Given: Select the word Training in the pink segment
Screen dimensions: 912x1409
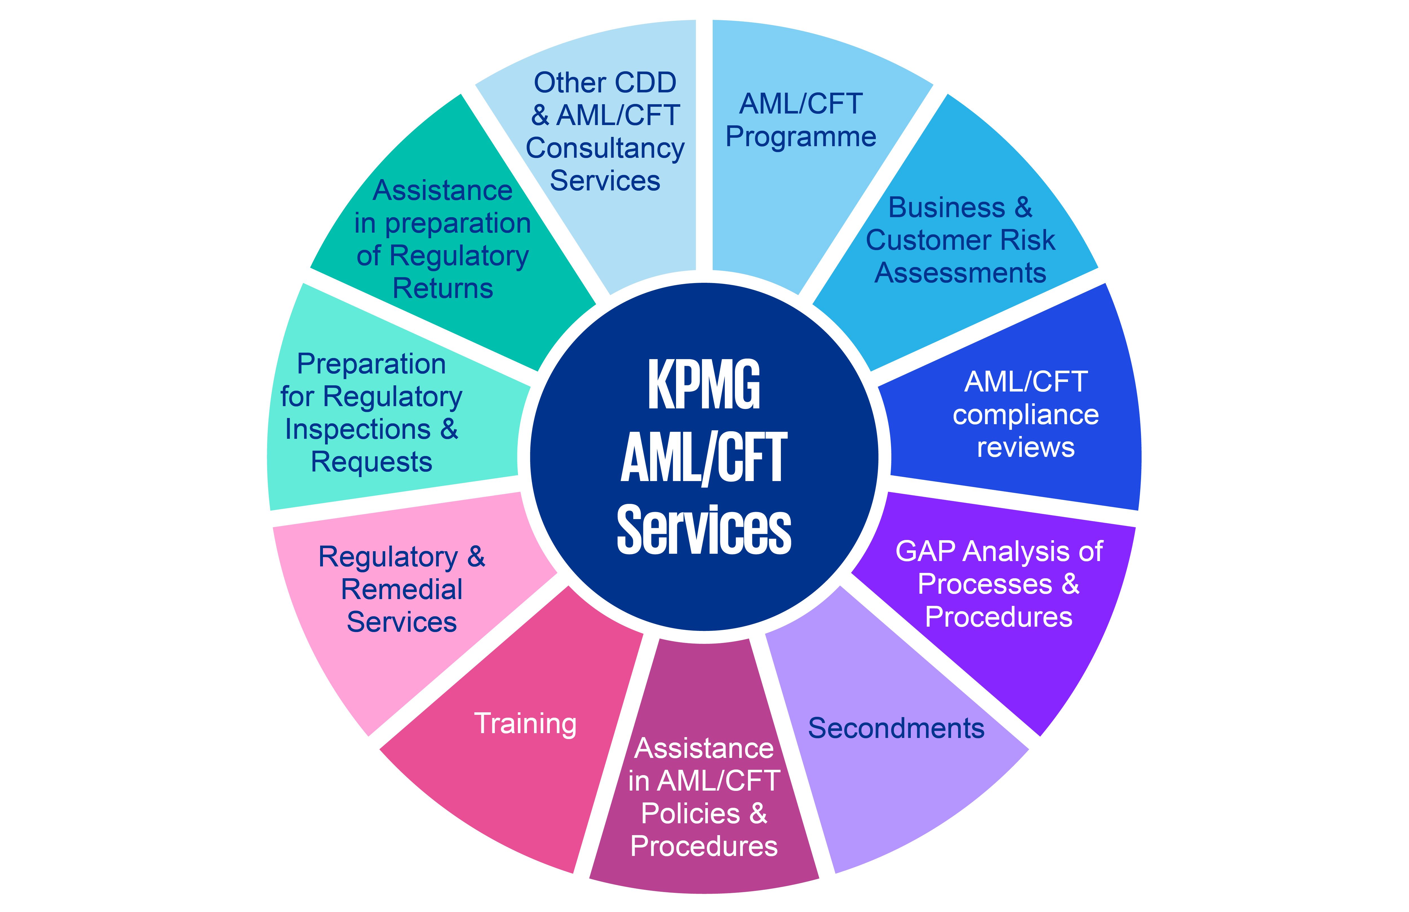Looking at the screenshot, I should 525,723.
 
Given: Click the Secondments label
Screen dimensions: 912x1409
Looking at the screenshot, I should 896,728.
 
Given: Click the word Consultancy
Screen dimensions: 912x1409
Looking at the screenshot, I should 605,148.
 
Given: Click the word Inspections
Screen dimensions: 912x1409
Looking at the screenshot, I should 358,429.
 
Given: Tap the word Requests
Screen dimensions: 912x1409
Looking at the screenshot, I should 371,462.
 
